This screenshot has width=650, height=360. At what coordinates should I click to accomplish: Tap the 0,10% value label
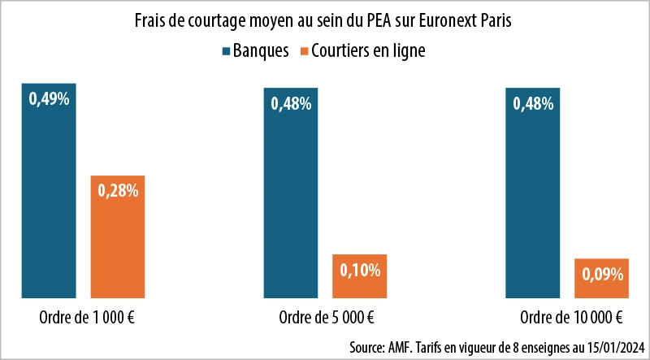pyautogui.click(x=359, y=269)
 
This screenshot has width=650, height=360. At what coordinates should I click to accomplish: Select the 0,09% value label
pyautogui.click(x=601, y=274)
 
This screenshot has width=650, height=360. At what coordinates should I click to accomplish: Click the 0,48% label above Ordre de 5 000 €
pyautogui.click(x=290, y=103)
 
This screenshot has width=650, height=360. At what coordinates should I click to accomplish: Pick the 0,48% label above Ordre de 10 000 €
pyautogui.click(x=532, y=103)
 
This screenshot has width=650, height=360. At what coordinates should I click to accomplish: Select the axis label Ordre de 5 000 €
pyautogui.click(x=327, y=317)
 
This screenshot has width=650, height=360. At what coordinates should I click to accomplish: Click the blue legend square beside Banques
pyautogui.click(x=226, y=51)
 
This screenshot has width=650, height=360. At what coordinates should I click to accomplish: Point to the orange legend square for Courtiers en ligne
pyautogui.click(x=305, y=51)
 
